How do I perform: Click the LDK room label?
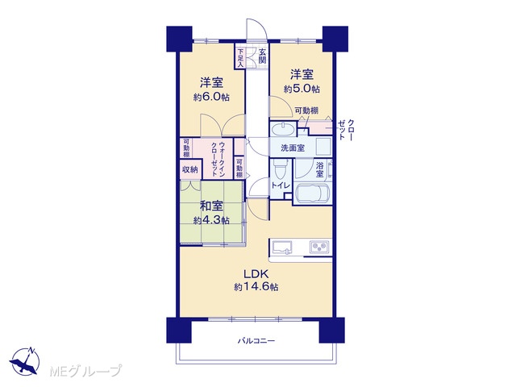coord(256,274)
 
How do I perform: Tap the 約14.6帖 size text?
coord(256,287)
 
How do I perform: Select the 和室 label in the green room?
coord(211,206)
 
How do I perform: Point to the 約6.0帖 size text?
coord(211,98)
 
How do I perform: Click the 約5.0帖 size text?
coord(302,89)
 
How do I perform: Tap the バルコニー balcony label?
coord(256,341)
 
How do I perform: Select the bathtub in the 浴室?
coord(311,193)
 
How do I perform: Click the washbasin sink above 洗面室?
coord(283,129)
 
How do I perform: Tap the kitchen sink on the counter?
coord(282,248)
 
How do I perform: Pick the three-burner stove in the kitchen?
coord(318,247)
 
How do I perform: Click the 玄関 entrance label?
coord(262,56)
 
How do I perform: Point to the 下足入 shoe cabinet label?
coord(240,58)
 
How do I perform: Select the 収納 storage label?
coord(190,170)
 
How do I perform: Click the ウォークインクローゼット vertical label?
coord(218,159)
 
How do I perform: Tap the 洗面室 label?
coord(293,148)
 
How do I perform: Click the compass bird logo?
coord(25,361)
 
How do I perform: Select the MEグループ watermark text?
coord(85,371)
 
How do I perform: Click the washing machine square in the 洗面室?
coord(322,147)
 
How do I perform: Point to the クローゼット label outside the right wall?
coord(346,130)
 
